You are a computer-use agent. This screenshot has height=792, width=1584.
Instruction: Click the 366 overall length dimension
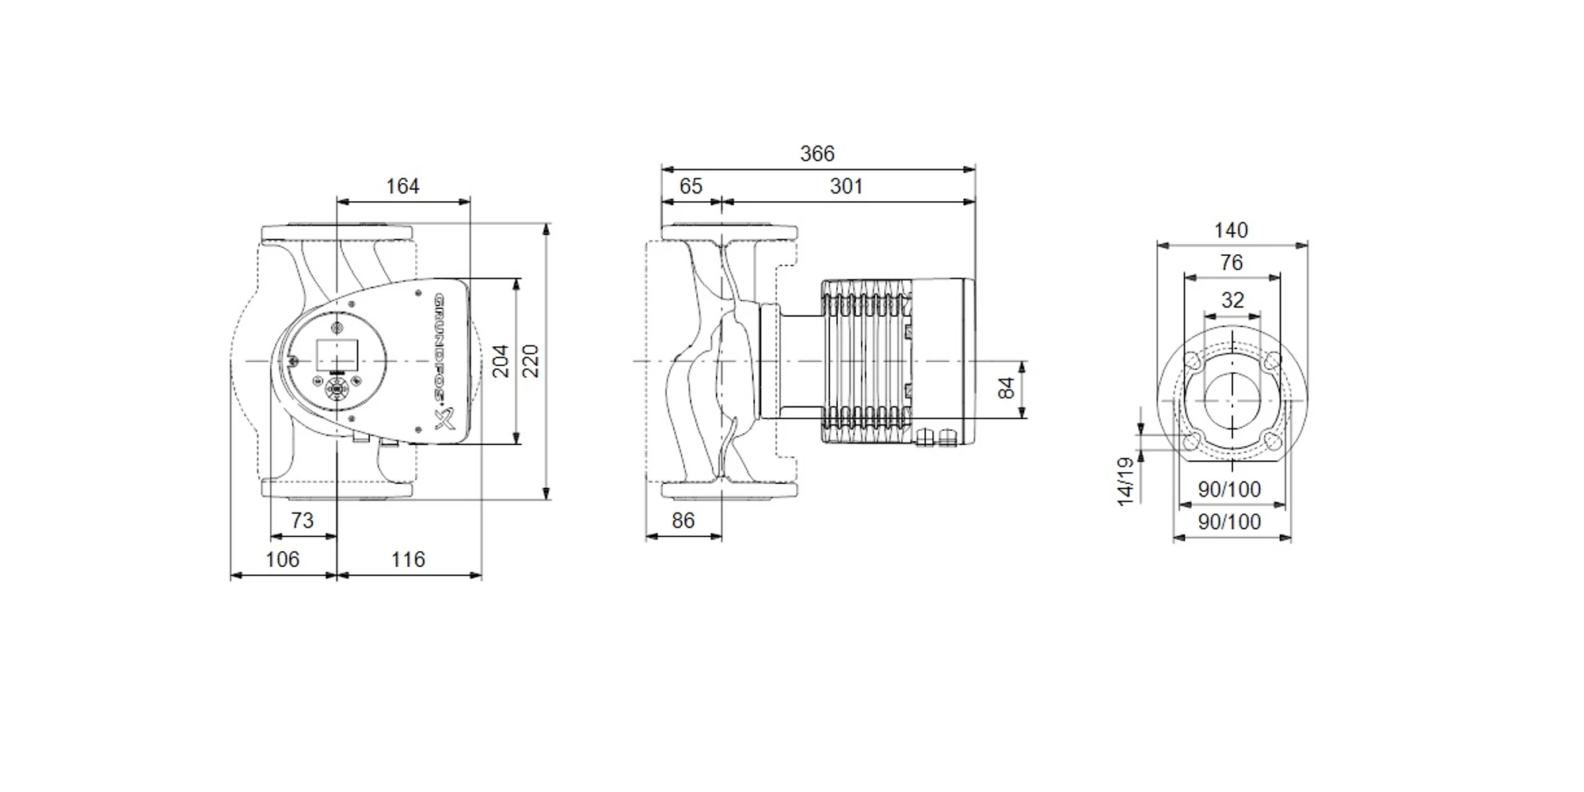coord(817,154)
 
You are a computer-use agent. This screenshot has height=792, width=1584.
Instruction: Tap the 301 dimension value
coord(846,186)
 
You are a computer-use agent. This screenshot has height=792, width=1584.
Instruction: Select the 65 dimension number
coord(691,186)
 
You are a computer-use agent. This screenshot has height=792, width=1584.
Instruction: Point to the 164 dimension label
coord(402,186)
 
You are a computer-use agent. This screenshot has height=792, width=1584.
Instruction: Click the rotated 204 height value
coord(501,361)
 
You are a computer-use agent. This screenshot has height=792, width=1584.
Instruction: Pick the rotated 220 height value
coord(531,361)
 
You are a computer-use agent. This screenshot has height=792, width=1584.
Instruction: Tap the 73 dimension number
coord(302,520)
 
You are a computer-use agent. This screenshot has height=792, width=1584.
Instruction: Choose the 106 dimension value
coord(282,559)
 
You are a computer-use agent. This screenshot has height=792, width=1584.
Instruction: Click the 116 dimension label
coord(408,559)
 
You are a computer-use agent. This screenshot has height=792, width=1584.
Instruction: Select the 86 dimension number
coord(683,520)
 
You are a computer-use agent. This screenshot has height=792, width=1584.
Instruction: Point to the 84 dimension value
coord(1006,388)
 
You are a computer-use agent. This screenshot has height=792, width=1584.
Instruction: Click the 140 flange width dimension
coord(1231,230)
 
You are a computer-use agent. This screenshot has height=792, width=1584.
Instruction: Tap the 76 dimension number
coord(1232,263)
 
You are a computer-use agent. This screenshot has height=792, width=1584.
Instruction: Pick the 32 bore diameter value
coord(1232,300)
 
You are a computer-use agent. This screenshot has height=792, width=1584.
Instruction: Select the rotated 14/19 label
coord(1125,481)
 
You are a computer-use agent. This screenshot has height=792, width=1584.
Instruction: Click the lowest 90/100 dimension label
coord(1229,522)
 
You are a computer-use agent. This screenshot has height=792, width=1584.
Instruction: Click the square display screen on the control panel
coord(337,355)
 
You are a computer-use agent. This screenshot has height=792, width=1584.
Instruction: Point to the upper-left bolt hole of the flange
coord(1193,362)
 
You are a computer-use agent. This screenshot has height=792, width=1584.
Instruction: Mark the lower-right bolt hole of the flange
coord(1272,441)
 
